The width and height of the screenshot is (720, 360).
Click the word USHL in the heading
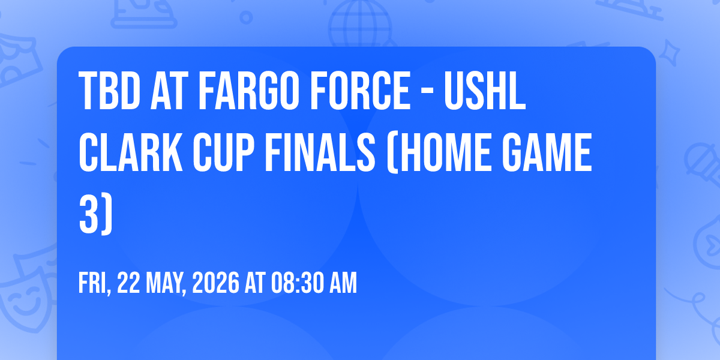[485, 91]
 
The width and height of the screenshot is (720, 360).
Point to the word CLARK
[131, 152]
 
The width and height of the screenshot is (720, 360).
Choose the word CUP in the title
[223, 152]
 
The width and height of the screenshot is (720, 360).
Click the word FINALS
[320, 152]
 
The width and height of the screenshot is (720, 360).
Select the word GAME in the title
[547, 152]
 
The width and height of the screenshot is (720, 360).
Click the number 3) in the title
[96, 214]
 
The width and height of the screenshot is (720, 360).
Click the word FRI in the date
[93, 283]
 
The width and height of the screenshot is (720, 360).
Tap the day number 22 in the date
[128, 283]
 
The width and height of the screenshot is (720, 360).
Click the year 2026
[215, 283]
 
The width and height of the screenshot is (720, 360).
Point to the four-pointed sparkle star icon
[669, 53]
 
